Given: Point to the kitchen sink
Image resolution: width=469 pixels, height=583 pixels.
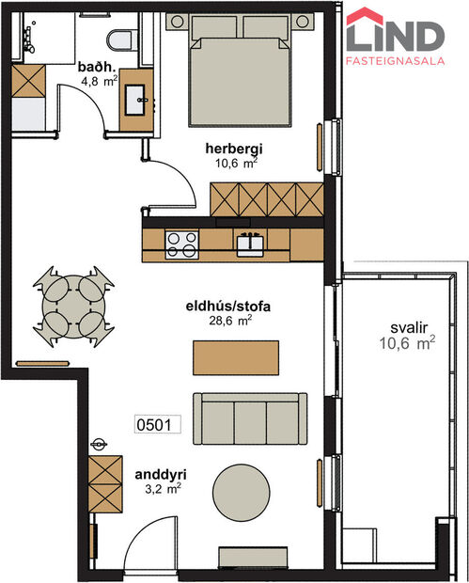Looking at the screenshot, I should tap(249, 244).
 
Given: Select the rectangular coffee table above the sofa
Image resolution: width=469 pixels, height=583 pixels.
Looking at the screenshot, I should tap(235, 357).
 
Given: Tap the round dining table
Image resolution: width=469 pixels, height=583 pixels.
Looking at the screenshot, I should tap(72, 303).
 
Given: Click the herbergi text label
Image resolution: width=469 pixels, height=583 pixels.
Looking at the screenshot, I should tap(234, 148).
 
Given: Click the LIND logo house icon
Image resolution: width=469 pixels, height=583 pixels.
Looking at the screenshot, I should tap(365, 30).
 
